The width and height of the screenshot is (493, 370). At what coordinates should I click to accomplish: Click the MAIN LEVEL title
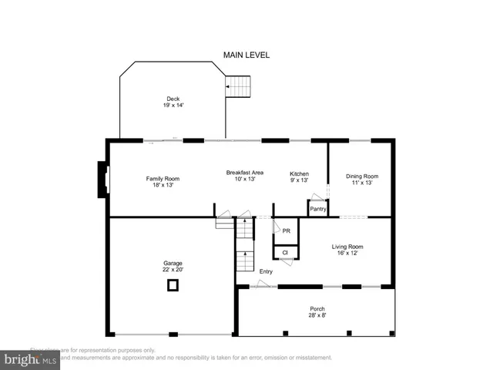(246, 55)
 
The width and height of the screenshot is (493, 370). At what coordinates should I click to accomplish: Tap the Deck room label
(173, 98)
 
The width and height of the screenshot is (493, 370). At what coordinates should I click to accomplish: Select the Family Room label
(163, 179)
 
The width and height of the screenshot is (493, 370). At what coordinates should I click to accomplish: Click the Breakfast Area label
(244, 172)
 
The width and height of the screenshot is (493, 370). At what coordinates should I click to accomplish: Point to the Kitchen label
(299, 173)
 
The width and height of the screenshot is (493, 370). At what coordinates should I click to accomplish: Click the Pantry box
(317, 209)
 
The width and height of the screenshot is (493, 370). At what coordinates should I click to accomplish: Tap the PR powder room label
(286, 230)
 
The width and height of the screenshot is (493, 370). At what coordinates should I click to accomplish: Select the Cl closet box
(284, 252)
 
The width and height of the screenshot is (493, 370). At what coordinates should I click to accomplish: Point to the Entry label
(266, 271)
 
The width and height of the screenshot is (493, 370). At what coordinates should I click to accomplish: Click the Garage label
(173, 264)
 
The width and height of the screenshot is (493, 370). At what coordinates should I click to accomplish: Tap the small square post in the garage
(173, 286)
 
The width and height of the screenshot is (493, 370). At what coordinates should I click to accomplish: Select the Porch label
(317, 308)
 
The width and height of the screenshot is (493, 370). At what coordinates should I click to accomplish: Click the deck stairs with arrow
(239, 86)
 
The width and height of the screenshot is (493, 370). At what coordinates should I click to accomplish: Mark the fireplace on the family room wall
(102, 180)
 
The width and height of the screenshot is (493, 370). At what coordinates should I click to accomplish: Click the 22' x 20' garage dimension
(173, 270)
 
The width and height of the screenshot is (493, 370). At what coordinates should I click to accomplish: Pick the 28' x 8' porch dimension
(317, 314)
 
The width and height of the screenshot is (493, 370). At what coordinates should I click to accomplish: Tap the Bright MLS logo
(31, 358)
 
